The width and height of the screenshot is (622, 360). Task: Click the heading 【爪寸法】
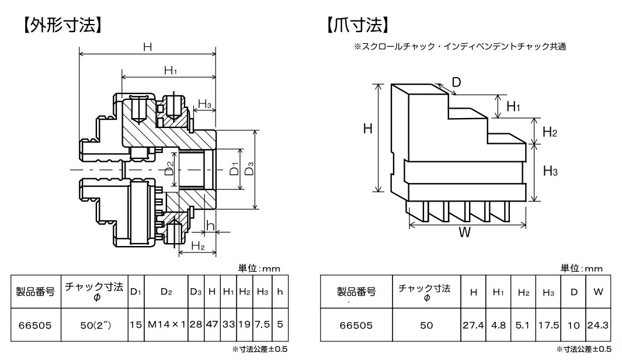(357, 25)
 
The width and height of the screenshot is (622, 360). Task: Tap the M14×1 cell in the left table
(166, 324)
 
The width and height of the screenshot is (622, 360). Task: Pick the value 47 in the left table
(212, 324)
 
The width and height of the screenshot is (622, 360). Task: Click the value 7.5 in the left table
(262, 324)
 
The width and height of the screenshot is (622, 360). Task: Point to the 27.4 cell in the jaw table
(473, 325)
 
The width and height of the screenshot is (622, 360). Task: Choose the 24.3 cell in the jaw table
(598, 325)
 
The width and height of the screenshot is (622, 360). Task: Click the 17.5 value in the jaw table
(548, 325)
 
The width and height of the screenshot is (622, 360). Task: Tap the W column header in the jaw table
(598, 292)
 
